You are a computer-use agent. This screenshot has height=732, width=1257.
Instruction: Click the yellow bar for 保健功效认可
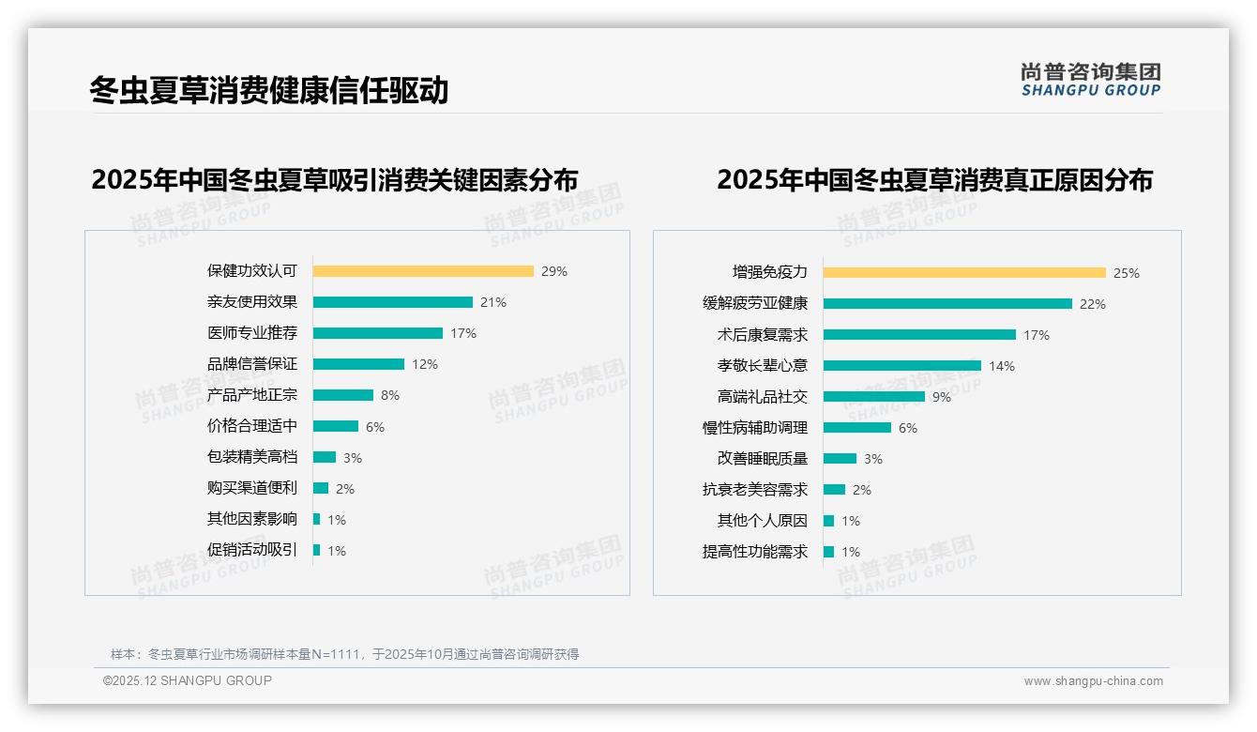point(423,271)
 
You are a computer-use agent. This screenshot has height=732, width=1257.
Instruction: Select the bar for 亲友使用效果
point(392,302)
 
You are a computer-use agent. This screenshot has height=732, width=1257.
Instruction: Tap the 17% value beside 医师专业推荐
point(463,333)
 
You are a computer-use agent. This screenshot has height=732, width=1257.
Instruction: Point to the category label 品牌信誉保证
point(252,364)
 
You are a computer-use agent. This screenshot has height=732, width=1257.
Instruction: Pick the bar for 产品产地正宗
point(343,395)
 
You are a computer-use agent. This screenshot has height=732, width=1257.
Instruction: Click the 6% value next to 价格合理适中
point(375,427)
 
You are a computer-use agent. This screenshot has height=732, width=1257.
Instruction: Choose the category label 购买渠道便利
point(252,488)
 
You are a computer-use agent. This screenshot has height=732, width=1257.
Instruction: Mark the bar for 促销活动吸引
point(317,550)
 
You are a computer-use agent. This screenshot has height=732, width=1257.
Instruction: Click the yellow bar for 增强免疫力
point(964,273)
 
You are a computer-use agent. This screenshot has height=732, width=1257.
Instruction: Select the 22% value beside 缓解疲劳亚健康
point(1093,304)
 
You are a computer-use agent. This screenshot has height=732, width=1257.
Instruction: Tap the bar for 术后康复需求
point(919,335)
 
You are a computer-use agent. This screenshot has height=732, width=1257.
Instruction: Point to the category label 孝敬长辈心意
point(763,366)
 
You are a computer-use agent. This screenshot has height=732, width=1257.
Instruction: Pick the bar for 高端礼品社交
point(874,397)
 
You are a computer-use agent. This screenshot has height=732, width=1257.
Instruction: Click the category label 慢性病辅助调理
point(755,428)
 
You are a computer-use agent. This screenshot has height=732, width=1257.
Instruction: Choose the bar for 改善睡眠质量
point(840,459)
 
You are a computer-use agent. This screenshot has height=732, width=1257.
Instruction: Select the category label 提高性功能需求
point(755,552)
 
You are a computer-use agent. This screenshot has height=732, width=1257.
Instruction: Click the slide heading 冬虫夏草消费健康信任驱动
point(269,90)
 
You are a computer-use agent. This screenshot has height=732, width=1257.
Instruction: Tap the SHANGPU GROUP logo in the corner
point(1091,80)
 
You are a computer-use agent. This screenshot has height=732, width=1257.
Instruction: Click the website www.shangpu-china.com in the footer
point(1093,681)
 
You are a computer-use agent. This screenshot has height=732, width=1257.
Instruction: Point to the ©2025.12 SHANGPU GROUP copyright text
point(188,680)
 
